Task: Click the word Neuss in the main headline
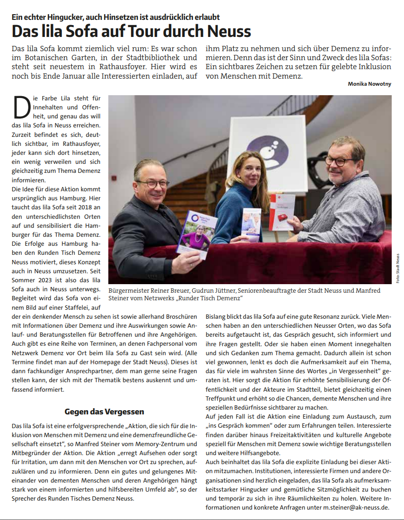pos(228,31)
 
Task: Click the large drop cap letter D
pos(22,107)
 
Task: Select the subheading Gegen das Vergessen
pos(104,411)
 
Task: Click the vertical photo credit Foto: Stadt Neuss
pos(398,268)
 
